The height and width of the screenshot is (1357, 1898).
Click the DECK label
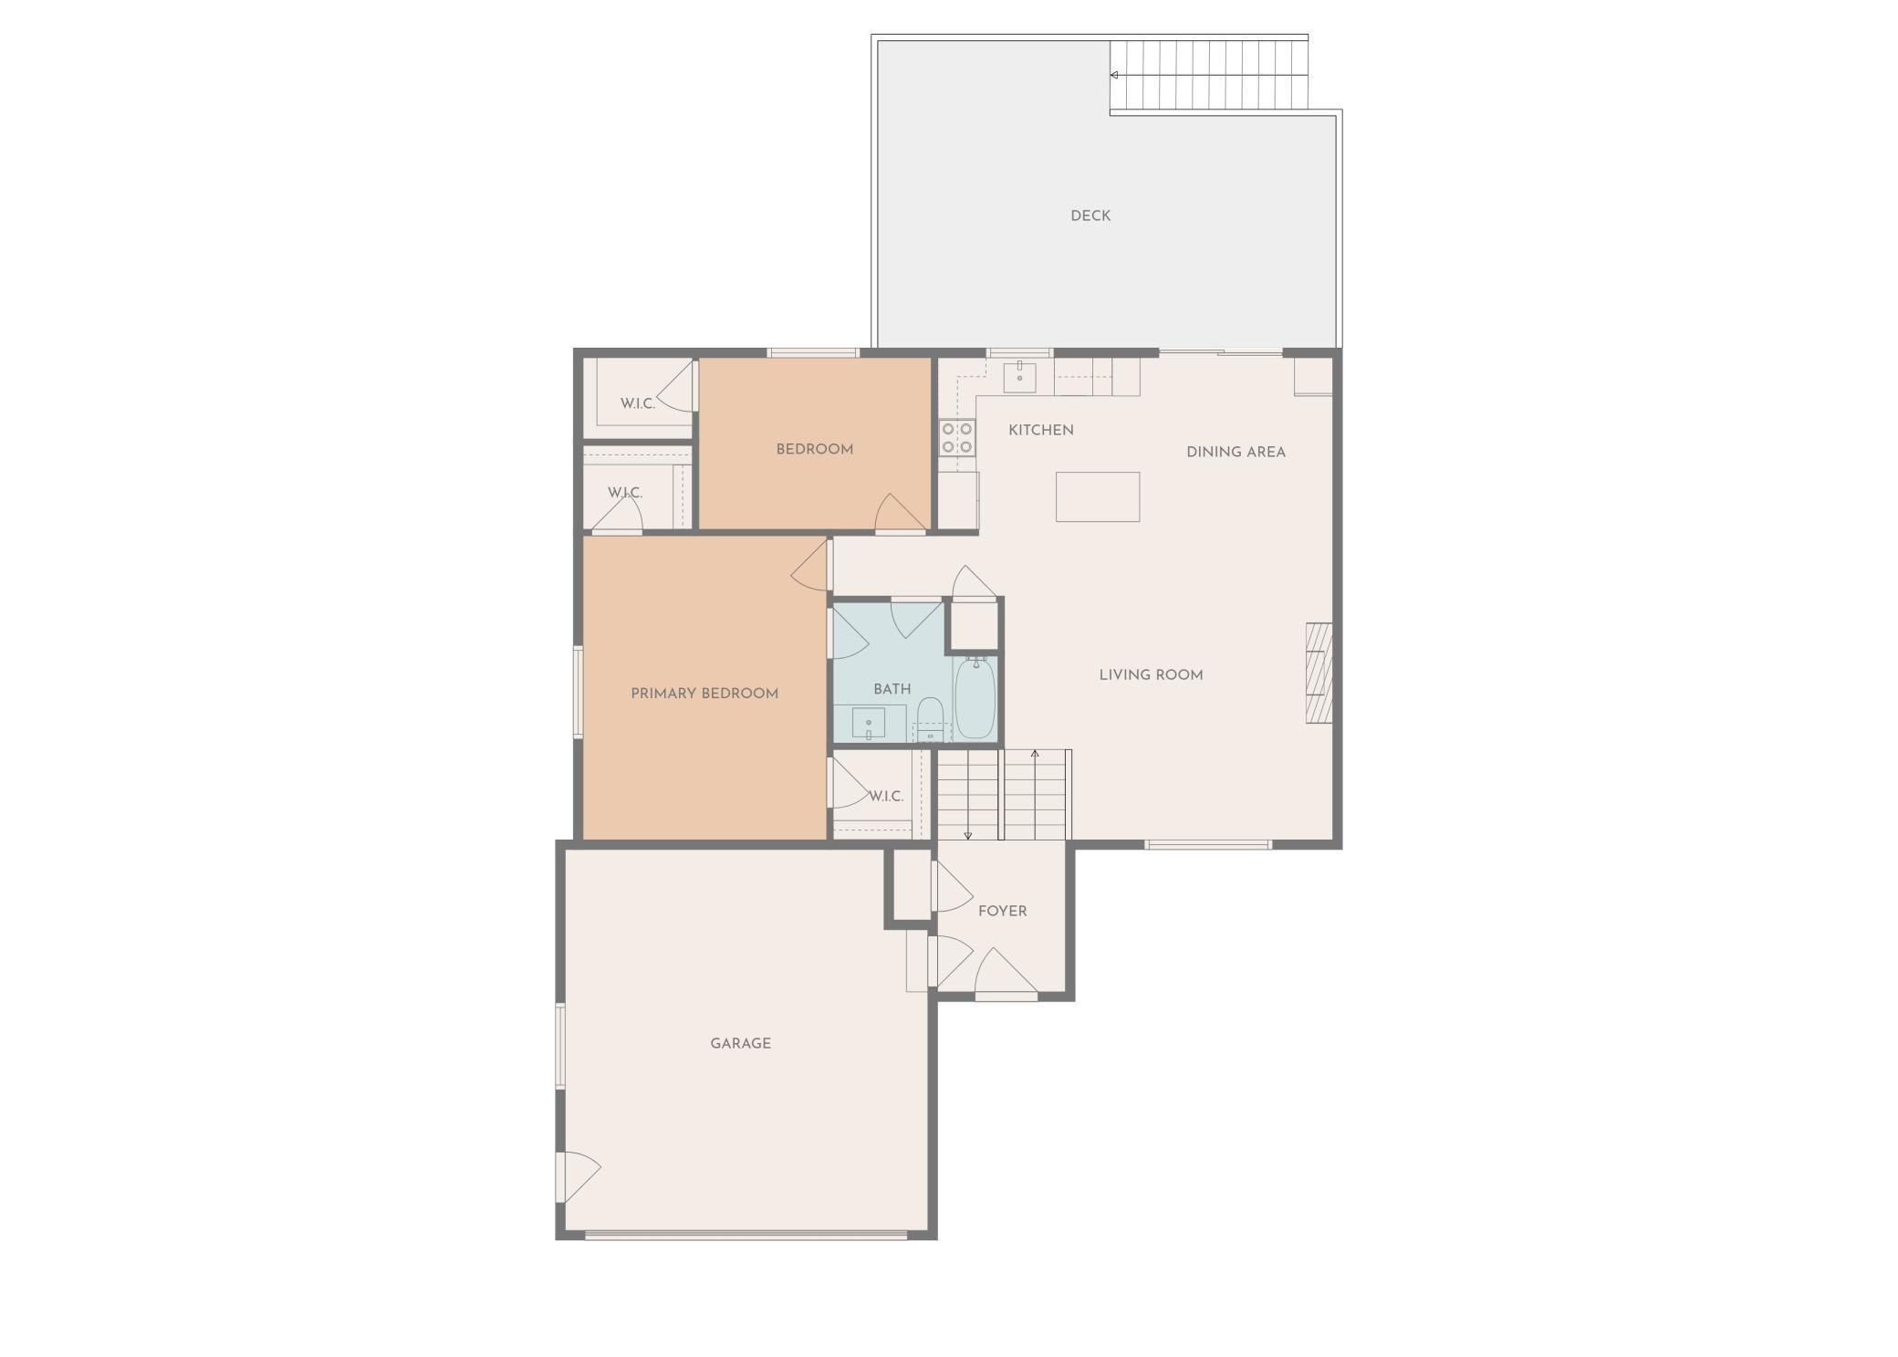pos(1090,216)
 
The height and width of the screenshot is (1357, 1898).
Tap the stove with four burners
pos(957,438)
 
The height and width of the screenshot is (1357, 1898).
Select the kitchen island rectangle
pos(1098,496)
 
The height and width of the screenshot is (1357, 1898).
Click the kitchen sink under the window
pos(1019,377)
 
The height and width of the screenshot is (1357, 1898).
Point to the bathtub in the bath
pos(975,698)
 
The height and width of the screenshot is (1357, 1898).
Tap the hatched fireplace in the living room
pos(1319,673)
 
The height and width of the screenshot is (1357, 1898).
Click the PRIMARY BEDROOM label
pos(704,694)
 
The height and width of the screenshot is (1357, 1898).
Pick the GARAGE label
pos(741,1043)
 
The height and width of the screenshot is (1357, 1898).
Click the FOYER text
pos(1002,911)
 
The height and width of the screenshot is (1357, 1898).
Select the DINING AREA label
pos(1236,452)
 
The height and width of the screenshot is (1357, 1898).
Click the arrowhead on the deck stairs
pos(1114,75)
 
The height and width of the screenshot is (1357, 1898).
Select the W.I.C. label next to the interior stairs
pos(885,796)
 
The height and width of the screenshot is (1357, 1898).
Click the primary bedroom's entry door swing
pos(811,567)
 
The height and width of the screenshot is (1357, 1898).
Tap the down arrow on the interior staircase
pos(968,834)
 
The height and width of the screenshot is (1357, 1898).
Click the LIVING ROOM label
pos(1151,675)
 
